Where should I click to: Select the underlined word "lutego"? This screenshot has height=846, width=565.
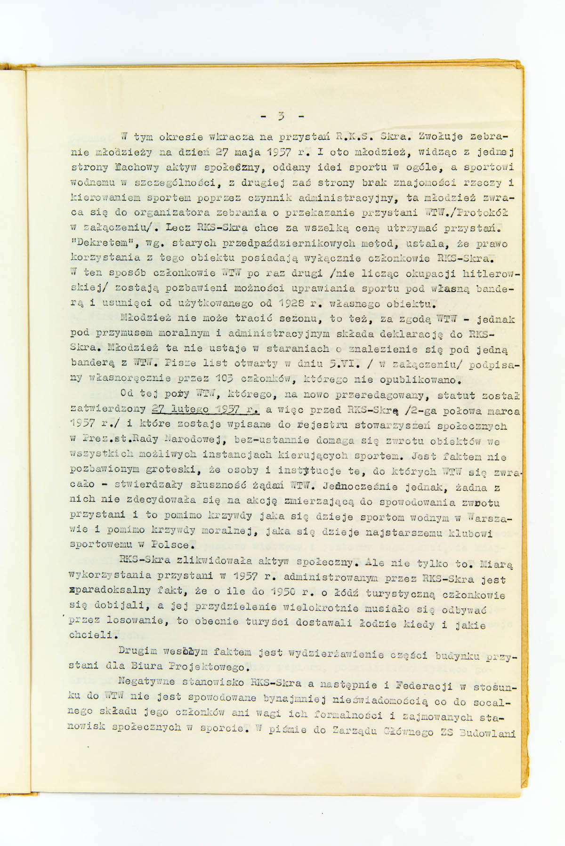[x=190, y=409]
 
